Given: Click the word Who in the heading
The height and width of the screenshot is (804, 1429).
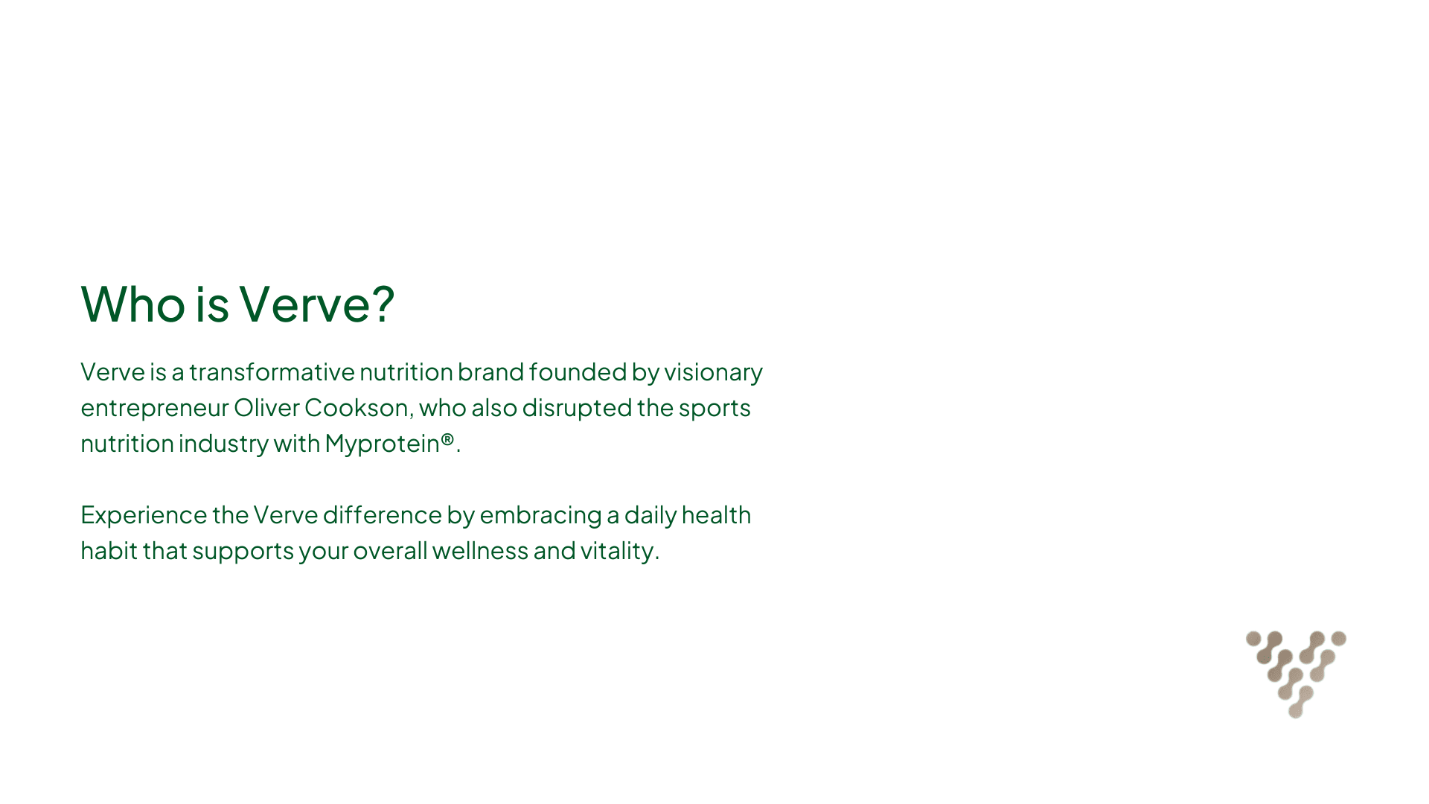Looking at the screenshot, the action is coord(132,304).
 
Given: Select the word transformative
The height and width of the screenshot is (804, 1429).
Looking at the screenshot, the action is coord(272,371).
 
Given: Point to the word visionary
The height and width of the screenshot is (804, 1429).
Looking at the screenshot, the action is coord(713,372).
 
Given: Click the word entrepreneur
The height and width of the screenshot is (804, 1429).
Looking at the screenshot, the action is coord(154,409).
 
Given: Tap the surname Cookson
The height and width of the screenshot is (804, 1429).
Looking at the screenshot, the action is coord(357,407).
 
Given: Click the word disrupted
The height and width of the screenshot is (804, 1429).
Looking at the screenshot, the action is coord(577,408).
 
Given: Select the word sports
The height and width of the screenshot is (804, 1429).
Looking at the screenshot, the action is coord(714,409).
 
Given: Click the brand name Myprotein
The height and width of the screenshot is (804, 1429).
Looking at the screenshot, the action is coord(382,444).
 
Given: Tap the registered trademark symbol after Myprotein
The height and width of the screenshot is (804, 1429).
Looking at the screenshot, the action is coord(447,439).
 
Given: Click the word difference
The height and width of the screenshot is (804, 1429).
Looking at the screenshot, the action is coord(382,514).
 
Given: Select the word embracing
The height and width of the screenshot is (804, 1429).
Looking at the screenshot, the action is coord(540,515).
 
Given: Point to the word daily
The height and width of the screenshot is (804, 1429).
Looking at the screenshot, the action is coord(650,515).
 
